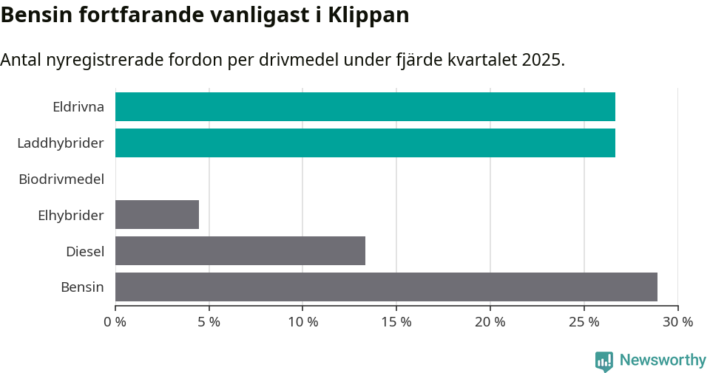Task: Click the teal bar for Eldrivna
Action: tap(365, 107)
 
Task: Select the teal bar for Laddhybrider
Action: tap(365, 143)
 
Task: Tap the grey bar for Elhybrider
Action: tap(157, 215)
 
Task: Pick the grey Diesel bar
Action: tap(240, 251)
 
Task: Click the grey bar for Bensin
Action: tap(386, 287)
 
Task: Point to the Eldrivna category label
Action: tap(78, 107)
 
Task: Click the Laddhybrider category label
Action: tap(61, 143)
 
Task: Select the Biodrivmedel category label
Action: tap(61, 179)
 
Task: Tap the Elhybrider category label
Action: tap(71, 216)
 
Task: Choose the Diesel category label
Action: tap(85, 252)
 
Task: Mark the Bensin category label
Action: tap(82, 287)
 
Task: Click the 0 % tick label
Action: tap(115, 322)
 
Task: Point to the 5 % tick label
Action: tap(209, 322)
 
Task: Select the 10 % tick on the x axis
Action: tap(302, 322)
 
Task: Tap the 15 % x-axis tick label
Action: tap(396, 322)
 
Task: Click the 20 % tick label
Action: tap(490, 322)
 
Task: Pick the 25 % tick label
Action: tap(584, 322)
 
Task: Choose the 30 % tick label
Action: tap(677, 322)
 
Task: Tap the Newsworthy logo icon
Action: tap(603, 361)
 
